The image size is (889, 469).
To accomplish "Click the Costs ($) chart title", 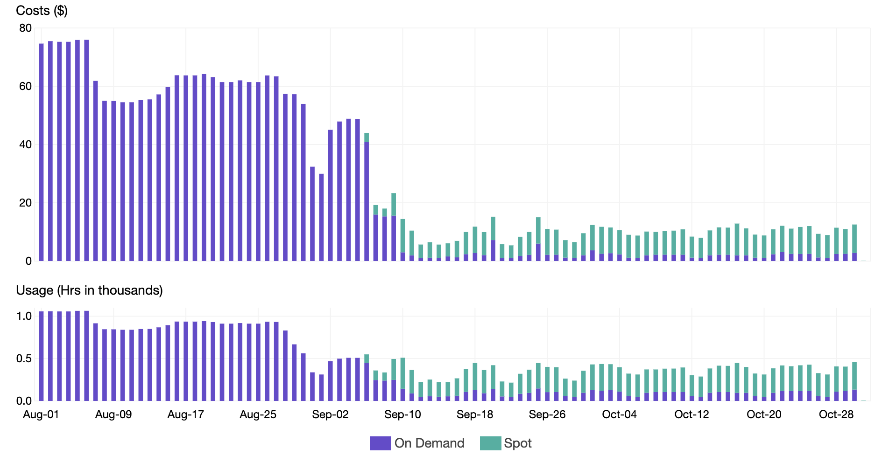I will (42, 10).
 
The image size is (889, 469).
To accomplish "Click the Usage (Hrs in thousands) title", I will (89, 290).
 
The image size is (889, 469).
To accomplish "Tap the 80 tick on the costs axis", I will (26, 28).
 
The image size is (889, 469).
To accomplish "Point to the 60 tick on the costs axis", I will (26, 86).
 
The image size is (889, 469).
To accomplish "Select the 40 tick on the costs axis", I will (26, 145).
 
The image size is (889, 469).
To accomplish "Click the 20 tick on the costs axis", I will (26, 203).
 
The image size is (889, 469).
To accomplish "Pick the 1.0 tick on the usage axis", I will (24, 316).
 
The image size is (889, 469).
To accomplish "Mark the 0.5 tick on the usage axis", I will (24, 359).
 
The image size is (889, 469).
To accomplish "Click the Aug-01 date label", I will (41, 414).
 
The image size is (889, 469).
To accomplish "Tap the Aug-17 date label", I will (185, 414).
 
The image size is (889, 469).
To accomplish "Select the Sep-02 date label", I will (330, 414).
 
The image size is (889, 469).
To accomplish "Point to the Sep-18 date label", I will (475, 414).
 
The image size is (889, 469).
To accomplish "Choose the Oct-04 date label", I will (619, 414).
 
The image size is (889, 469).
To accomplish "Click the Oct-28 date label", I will (836, 414).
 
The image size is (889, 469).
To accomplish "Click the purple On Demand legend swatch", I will (380, 443).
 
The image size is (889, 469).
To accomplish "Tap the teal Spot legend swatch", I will (490, 443).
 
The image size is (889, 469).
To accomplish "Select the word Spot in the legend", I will (518, 443).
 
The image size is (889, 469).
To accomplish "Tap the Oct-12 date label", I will (691, 414).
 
